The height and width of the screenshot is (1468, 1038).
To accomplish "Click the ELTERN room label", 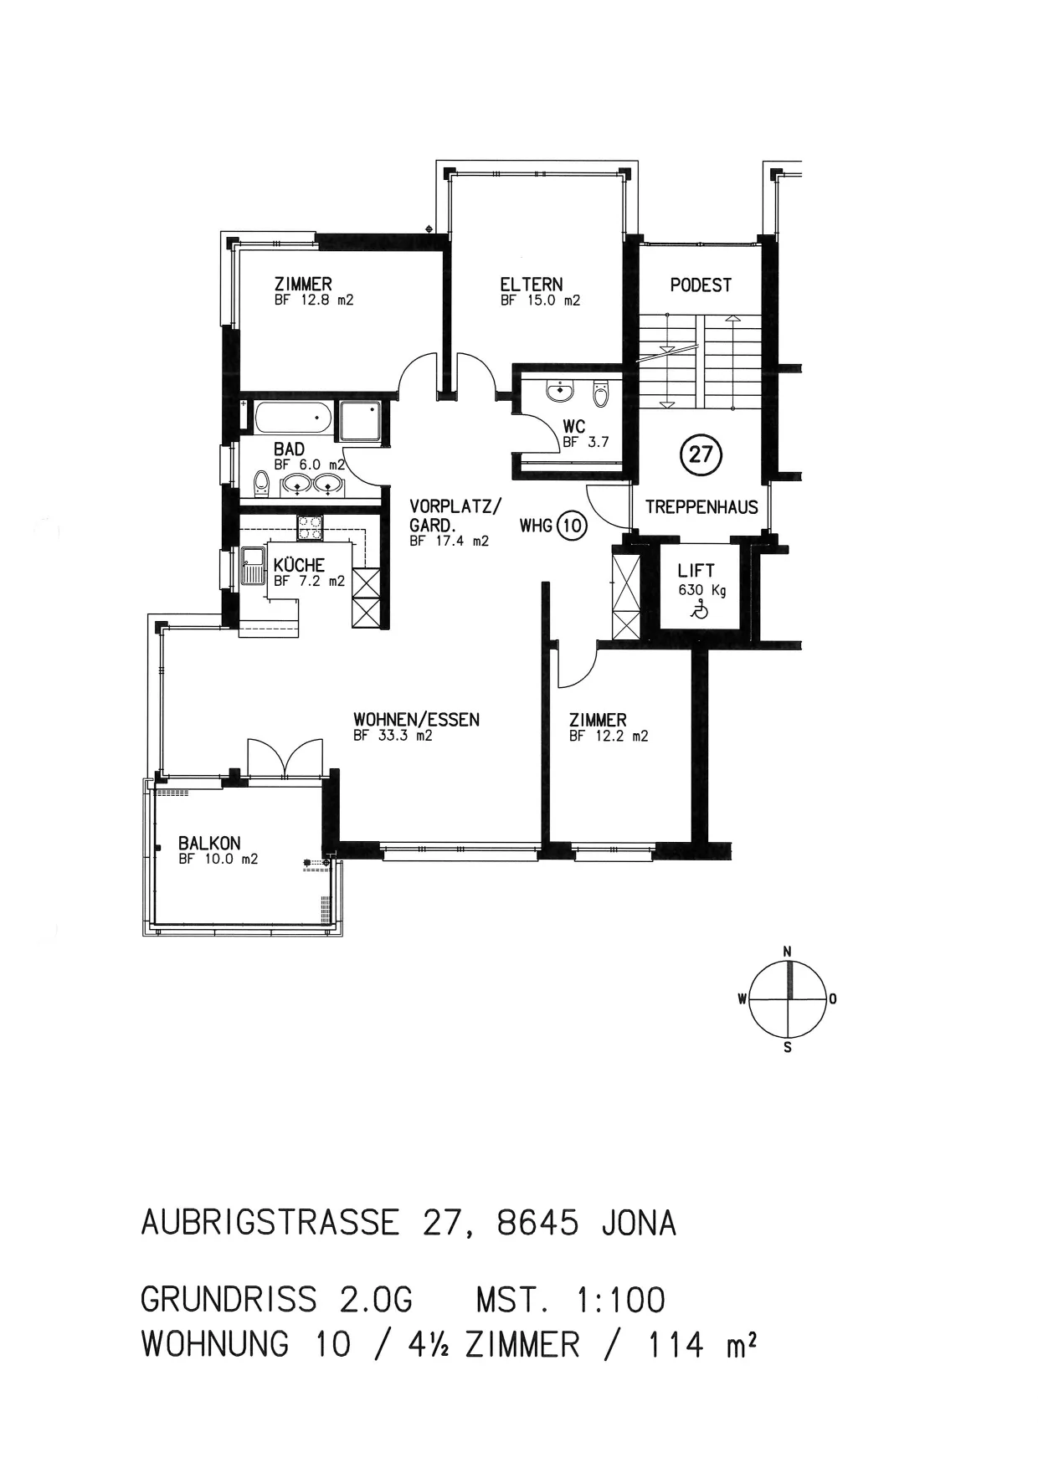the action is click(x=532, y=285).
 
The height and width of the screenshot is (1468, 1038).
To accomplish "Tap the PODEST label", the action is click(x=701, y=285).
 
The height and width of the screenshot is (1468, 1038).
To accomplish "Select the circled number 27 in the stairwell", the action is click(x=701, y=454).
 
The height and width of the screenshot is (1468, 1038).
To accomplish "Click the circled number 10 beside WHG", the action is click(x=573, y=526).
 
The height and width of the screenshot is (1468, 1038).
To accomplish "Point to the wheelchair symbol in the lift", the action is click(x=697, y=611).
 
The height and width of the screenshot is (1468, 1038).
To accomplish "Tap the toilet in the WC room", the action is click(x=600, y=393).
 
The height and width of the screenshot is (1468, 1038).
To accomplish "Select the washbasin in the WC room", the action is click(x=558, y=391).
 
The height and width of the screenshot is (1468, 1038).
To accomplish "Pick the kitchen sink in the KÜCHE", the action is click(x=252, y=565).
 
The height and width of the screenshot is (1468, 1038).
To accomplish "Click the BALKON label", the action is click(x=209, y=844).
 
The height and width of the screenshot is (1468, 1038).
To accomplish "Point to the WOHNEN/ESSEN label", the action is click(x=416, y=720).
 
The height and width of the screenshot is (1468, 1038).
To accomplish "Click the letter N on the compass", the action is click(x=787, y=952).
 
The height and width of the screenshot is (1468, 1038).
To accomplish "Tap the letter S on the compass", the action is click(x=787, y=1047).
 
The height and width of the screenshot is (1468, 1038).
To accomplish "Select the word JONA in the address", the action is click(x=638, y=1224).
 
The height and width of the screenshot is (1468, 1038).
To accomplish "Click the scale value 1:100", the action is click(x=620, y=1301).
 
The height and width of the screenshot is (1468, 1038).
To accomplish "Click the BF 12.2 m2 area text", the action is click(x=609, y=737).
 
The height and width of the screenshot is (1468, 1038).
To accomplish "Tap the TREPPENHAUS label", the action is click(x=701, y=507).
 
